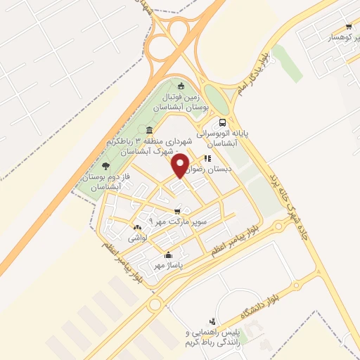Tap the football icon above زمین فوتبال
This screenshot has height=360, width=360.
[x=183, y=86]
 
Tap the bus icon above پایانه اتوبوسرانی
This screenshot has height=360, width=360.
[x=224, y=121]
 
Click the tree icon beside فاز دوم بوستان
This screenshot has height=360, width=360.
[x=105, y=166]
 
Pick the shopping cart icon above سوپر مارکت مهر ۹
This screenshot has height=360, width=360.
[x=177, y=210]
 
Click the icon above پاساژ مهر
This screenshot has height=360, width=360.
[x=168, y=255]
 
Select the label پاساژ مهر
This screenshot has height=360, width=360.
[x=169, y=266]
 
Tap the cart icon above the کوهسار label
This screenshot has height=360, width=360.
[x=348, y=27]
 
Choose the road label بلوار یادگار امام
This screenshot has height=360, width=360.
[x=258, y=66]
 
